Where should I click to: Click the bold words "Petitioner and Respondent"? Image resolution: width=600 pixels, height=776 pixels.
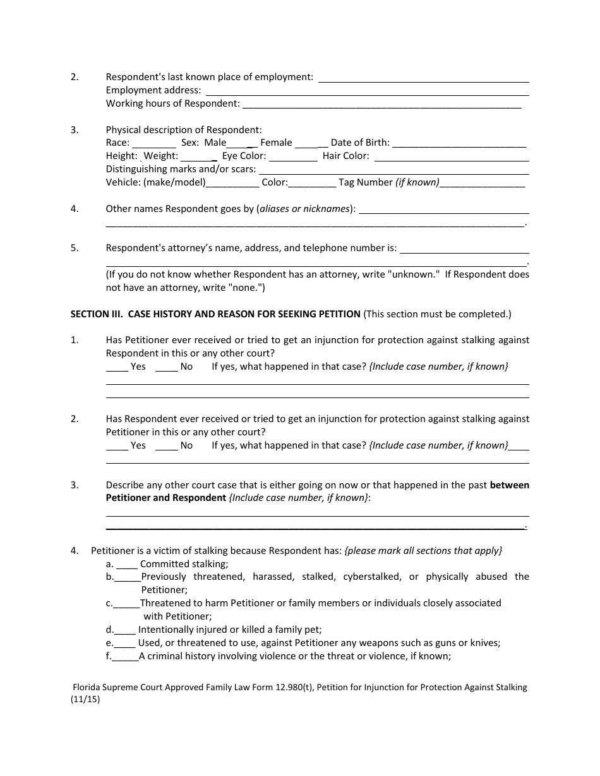pos(165,498)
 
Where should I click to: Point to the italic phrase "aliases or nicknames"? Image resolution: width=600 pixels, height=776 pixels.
pos(306,209)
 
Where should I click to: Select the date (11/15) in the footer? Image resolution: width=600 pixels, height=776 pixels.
pos(85,699)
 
